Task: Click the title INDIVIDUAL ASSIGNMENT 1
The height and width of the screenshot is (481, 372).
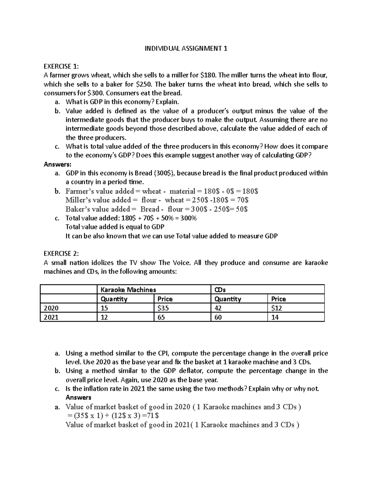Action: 186,49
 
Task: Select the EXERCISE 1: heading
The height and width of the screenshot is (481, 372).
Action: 61,66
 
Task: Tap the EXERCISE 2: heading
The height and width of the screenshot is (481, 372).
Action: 61,254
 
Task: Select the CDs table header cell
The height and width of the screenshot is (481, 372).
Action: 220,290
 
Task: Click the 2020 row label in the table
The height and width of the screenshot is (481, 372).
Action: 51,308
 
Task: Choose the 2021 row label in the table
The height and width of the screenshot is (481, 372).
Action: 51,317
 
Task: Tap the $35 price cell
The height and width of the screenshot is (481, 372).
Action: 163,308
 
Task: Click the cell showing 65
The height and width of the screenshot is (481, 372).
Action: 161,317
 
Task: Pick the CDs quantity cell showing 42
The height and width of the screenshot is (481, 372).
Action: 218,308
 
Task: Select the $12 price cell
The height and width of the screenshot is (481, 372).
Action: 277,308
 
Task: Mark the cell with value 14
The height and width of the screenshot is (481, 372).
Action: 275,317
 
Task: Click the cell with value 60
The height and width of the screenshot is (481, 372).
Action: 218,317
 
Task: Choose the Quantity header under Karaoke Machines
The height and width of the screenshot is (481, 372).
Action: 114,299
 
